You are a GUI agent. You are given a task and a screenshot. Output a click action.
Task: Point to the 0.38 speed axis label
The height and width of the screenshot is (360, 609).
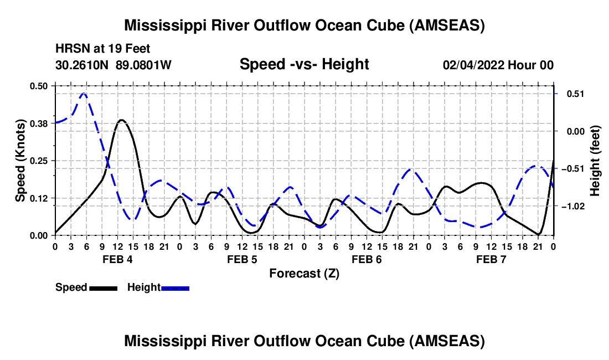click(39, 123)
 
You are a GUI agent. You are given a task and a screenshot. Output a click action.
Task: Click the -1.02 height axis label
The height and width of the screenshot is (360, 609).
click(571, 206)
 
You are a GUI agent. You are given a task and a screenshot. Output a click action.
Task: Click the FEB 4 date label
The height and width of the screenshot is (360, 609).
click(117, 259)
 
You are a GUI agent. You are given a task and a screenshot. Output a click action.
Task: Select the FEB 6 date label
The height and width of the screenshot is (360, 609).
click(366, 259)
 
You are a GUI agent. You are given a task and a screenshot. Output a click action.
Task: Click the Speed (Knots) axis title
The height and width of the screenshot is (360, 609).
click(20, 161)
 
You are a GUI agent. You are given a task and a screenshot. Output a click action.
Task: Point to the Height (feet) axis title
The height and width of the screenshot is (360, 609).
click(595, 161)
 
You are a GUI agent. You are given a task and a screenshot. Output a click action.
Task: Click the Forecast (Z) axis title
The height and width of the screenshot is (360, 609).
click(304, 274)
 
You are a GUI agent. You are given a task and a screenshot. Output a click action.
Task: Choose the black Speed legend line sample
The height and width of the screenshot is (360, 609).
click(102, 287)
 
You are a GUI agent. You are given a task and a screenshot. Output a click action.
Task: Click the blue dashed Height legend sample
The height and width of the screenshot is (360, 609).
click(175, 287)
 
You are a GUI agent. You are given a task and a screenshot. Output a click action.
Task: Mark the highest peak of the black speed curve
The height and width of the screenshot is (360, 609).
click(121, 120)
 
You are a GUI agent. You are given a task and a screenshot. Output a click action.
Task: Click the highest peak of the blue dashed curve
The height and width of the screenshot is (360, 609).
click(84, 94)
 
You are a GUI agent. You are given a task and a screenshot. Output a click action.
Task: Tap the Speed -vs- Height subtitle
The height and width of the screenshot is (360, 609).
click(304, 64)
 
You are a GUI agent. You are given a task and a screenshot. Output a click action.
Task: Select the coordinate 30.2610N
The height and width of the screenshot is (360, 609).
click(84, 65)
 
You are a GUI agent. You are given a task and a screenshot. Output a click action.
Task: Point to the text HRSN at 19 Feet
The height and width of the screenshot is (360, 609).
click(102, 49)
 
